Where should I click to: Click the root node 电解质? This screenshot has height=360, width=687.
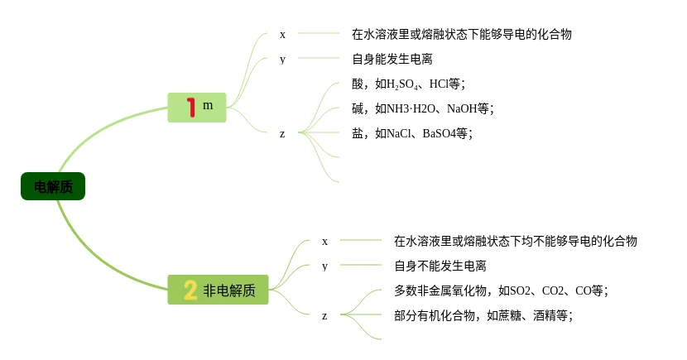(x=53, y=187)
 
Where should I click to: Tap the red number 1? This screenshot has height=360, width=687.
(x=191, y=107)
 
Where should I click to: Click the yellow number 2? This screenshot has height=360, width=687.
(x=190, y=290)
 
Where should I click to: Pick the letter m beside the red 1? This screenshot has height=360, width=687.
(x=208, y=105)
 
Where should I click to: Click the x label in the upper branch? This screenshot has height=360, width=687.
(x=282, y=34)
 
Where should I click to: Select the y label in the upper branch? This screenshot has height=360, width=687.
(x=282, y=59)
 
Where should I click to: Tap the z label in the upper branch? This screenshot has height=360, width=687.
(x=282, y=133)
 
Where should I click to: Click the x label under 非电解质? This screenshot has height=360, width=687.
(x=324, y=241)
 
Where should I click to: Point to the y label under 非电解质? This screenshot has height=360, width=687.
(x=324, y=266)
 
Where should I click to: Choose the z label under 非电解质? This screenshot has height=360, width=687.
(x=324, y=315)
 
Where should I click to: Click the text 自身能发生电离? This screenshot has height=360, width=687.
(x=392, y=59)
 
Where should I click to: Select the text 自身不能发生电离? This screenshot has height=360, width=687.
(x=440, y=266)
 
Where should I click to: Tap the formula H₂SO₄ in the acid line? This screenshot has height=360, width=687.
(x=406, y=84)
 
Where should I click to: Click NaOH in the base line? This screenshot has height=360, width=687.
(x=462, y=108)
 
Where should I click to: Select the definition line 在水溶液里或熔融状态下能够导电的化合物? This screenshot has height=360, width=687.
(x=461, y=34)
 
